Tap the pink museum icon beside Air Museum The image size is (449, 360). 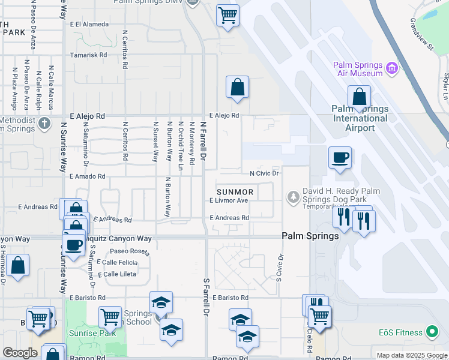[393, 68]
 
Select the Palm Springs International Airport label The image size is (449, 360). [360, 118]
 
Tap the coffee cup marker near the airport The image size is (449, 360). [340, 158]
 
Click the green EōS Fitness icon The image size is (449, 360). [431, 332]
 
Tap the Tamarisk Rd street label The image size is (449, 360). [88, 55]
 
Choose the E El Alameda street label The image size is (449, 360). [89, 25]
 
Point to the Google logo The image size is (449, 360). [19, 353]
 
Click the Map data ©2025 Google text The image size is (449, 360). [411, 355]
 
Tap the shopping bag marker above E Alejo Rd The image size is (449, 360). [238, 87]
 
